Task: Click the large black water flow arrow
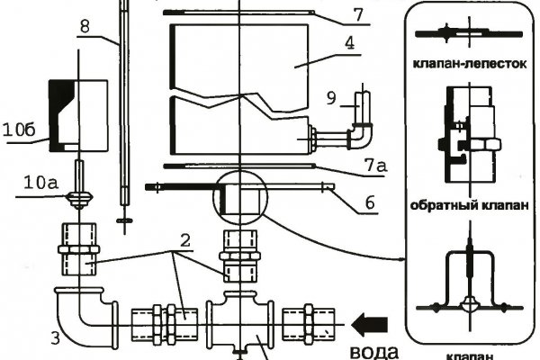click(370, 319)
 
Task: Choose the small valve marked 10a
click(80, 197)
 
